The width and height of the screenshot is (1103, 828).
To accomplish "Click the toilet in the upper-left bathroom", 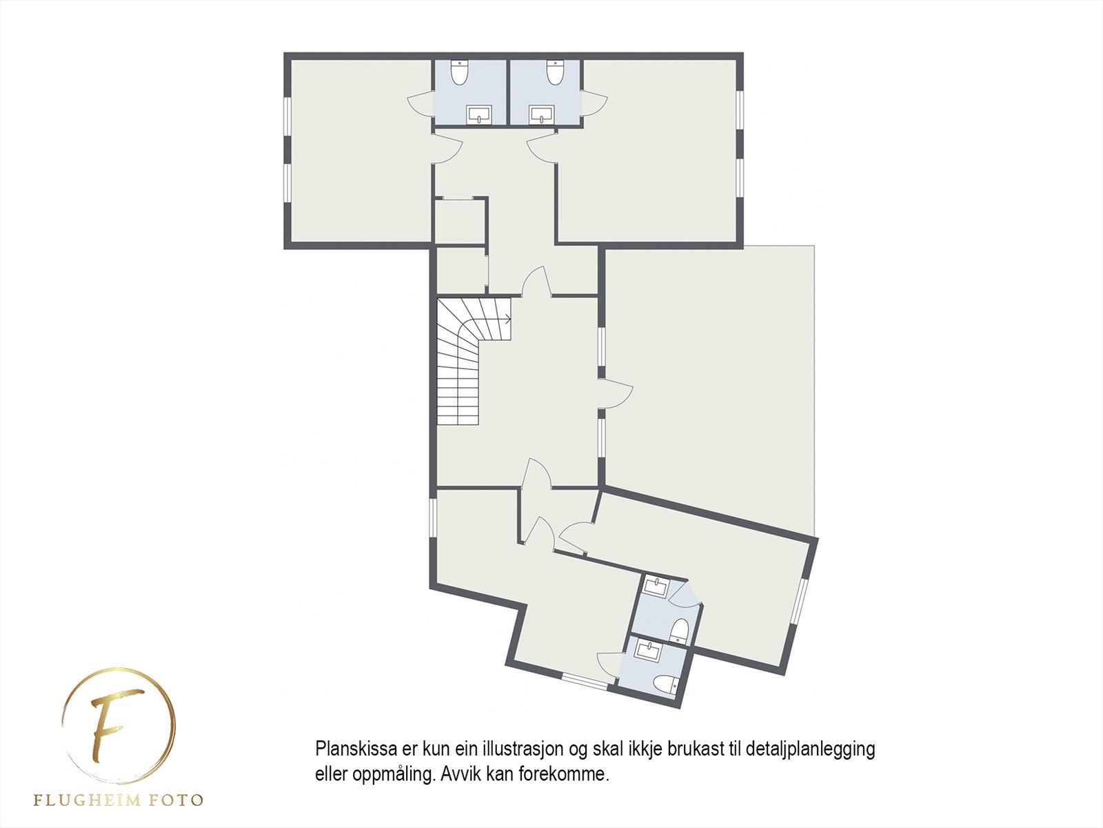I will coord(461,72).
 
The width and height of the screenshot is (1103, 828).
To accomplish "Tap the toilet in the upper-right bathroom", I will coord(556,72).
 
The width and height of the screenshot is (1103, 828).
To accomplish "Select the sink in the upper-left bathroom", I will coord(478,115).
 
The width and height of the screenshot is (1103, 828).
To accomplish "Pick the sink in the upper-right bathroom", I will coord(542,115).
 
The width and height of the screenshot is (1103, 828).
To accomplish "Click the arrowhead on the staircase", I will coord(507,319).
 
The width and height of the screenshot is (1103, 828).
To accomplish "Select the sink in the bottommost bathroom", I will coord(648,650).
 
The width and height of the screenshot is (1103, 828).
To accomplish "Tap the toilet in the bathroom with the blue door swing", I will coord(680,629).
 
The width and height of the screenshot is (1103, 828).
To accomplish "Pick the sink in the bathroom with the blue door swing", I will coord(655,588).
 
